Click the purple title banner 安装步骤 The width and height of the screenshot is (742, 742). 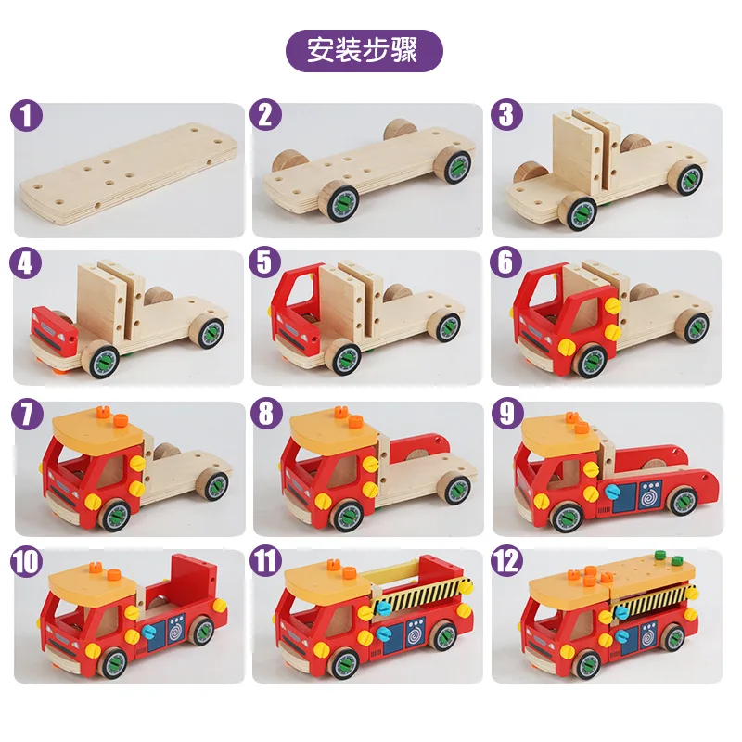pos(364,51)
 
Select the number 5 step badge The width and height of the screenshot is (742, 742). pos(266,263)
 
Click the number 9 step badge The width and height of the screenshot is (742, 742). pos(506,414)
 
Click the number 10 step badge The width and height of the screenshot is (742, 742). pos(28,562)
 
